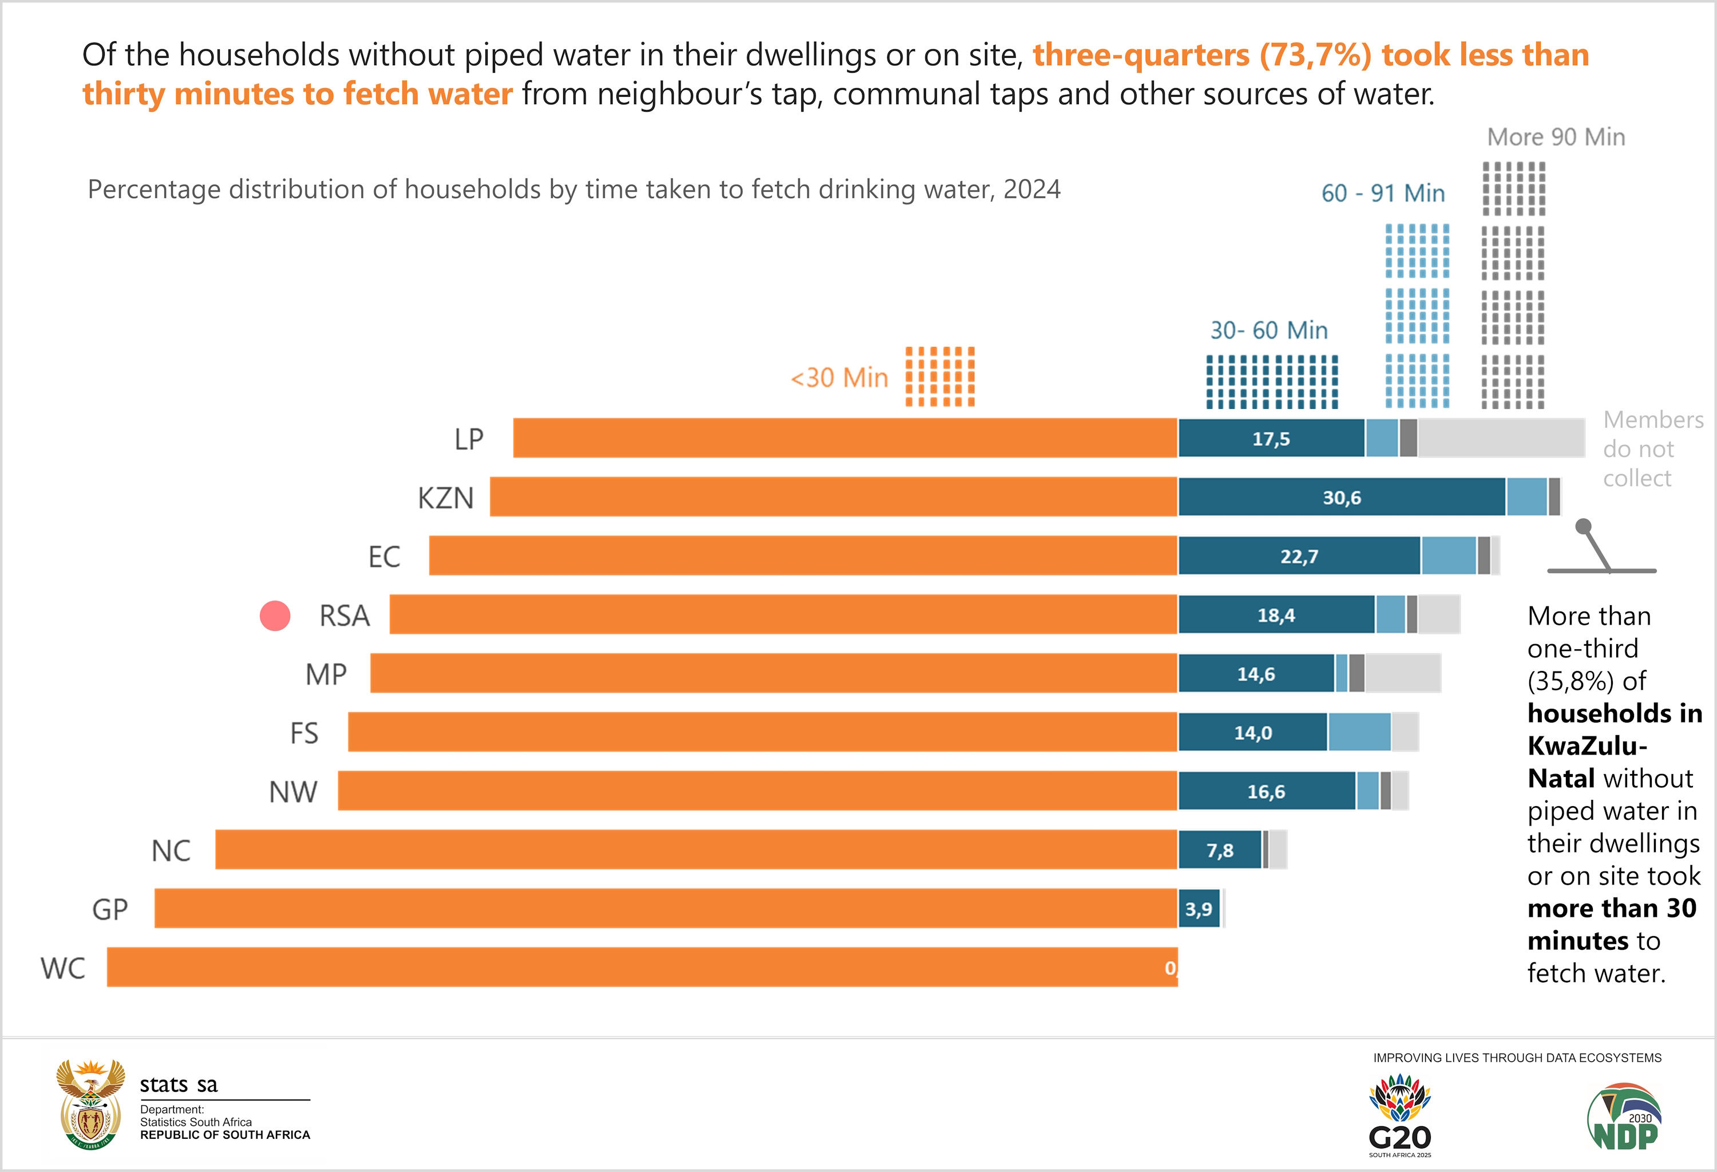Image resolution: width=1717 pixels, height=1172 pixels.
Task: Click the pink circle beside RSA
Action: tap(275, 615)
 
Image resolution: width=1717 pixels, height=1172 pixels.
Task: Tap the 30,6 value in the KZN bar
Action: tap(1341, 498)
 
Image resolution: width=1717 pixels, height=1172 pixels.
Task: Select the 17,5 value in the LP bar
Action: tap(1271, 439)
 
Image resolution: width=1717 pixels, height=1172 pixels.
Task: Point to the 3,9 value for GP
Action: tap(1198, 909)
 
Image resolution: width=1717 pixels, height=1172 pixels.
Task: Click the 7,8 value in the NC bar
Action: tap(1220, 851)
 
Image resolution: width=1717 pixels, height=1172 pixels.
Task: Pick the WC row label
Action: tap(64, 968)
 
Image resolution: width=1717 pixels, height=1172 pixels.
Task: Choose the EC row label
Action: tap(384, 557)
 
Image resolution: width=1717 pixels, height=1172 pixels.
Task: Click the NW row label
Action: tap(293, 791)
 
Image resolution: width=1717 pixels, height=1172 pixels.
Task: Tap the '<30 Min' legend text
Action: tap(839, 378)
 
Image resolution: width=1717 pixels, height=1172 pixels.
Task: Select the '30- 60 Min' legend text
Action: tap(1268, 330)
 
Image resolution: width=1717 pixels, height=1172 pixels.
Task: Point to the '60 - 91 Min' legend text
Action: tap(1382, 193)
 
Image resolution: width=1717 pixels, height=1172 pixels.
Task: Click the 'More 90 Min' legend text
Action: tap(1556, 137)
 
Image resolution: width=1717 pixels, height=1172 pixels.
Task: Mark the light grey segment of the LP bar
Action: tap(1501, 438)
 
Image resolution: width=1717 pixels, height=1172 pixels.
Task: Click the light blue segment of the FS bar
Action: tap(1359, 732)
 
